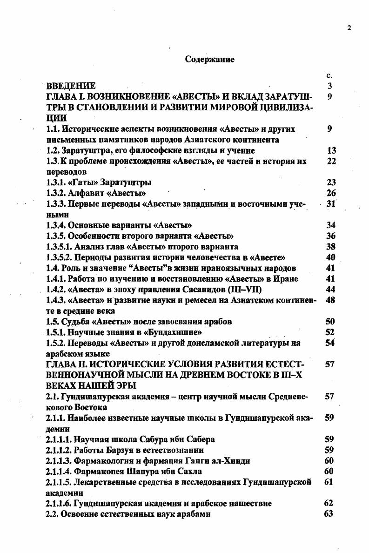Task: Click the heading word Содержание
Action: click(209, 60)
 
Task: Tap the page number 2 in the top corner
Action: click(349, 27)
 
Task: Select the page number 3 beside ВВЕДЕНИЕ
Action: click(330, 86)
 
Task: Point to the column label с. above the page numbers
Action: click(329, 75)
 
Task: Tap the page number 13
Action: click(331, 150)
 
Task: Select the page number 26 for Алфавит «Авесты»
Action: click(331, 193)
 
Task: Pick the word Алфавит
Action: click(86, 193)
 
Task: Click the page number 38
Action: click(331, 247)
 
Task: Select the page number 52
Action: click(330, 332)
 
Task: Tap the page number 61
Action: click(329, 482)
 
